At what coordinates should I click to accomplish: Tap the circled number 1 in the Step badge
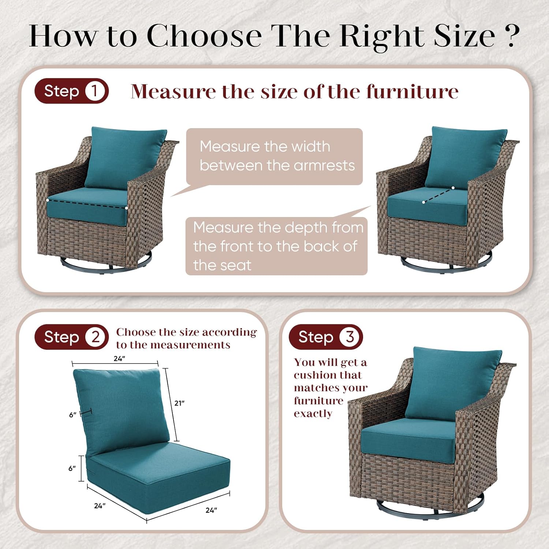tap(94, 91)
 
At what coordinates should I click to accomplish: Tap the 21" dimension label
tap(179, 403)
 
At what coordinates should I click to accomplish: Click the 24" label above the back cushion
tap(119, 359)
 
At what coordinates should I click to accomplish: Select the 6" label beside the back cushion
tap(73, 415)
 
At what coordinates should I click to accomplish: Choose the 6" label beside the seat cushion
tap(72, 468)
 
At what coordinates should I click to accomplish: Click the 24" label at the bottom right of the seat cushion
tap(211, 510)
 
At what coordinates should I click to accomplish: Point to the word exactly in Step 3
tap(313, 414)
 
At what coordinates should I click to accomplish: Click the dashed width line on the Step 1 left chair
tap(87, 204)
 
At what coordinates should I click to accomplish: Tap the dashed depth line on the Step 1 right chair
tap(438, 195)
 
